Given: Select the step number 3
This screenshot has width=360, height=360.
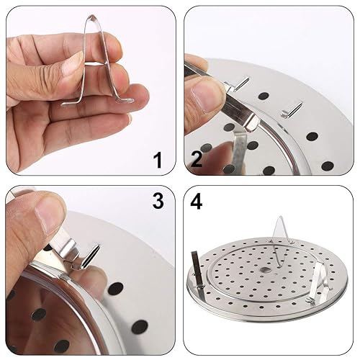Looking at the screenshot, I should (158, 203).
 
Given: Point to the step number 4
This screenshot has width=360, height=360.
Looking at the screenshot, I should (197, 202).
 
